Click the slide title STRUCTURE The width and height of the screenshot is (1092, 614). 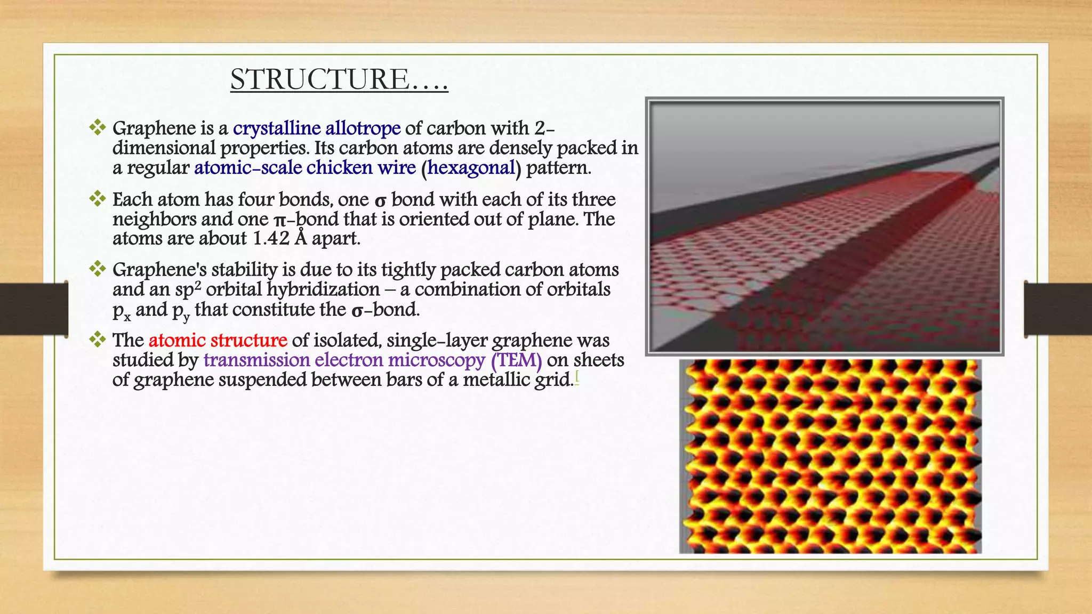point(339,79)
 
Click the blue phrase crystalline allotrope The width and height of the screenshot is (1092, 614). point(317,128)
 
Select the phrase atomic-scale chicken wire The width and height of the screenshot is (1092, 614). point(305,168)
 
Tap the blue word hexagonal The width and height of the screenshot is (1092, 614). point(471,168)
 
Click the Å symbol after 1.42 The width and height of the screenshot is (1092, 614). point(301,238)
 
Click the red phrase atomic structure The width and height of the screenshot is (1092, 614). point(218,340)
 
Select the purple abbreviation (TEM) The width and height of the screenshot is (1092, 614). point(516,360)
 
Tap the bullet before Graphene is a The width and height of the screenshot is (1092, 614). point(98,127)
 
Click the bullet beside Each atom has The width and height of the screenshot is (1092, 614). point(98,199)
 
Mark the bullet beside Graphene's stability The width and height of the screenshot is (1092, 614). point(98,269)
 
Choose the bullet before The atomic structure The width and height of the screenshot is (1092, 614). point(98,340)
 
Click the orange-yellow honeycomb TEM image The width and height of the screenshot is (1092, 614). point(830,456)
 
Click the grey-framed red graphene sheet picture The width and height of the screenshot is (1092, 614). point(824,227)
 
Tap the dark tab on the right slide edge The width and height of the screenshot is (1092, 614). point(1058,309)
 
